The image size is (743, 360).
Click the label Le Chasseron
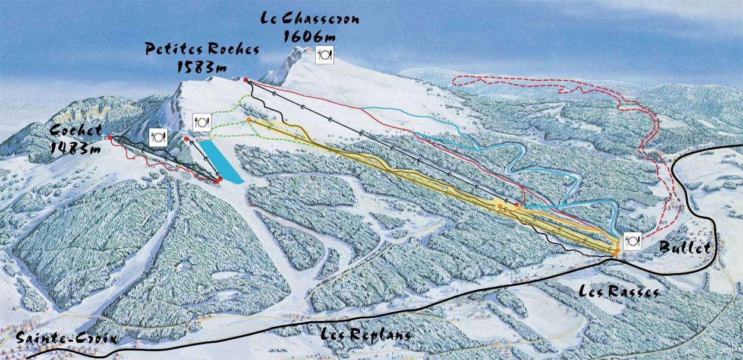(x=310, y=18)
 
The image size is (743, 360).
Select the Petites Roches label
(x=203, y=49)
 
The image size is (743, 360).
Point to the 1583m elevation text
(x=202, y=67)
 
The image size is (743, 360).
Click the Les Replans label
(x=366, y=334)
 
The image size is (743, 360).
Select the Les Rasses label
(x=619, y=292)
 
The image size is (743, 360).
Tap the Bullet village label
(x=685, y=248)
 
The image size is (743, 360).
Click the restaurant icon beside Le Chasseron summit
(x=325, y=55)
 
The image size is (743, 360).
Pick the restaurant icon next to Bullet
(x=632, y=241)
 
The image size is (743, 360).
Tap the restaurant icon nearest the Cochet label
(x=158, y=137)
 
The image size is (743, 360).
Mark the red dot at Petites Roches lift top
(x=245, y=79)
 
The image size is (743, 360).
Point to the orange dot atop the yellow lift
(x=248, y=120)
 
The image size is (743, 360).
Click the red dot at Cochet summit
(x=110, y=137)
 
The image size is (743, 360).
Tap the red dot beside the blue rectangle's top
(x=187, y=139)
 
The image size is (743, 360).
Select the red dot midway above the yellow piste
(x=517, y=206)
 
